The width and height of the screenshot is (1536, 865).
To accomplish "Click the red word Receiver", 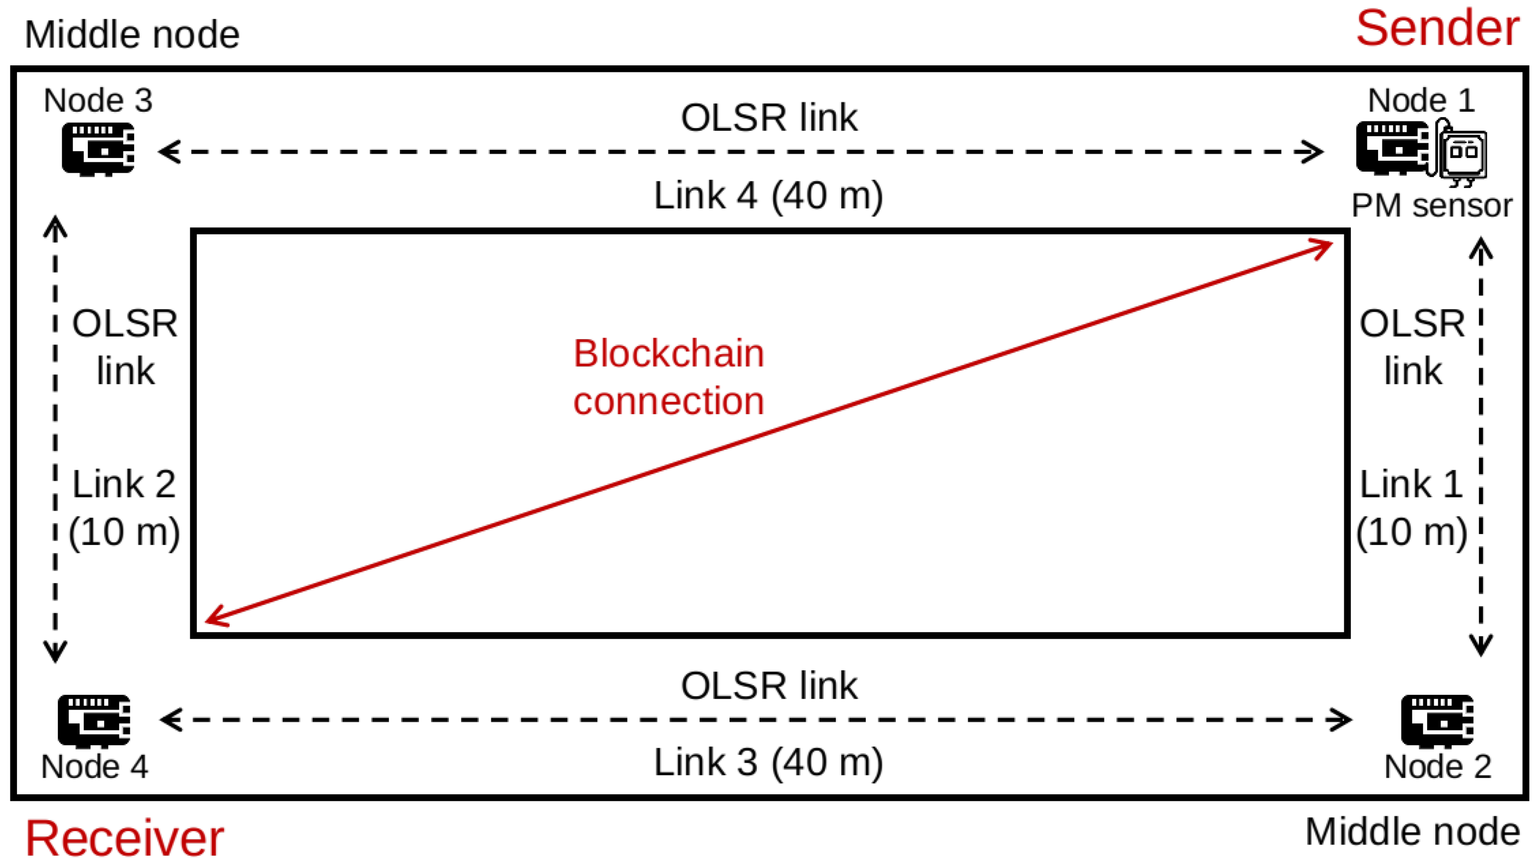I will tap(124, 838).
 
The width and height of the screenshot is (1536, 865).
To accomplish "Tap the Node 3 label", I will tap(99, 100).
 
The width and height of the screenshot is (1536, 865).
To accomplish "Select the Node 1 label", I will tap(1421, 100).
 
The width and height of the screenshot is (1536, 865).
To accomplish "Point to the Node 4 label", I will tap(94, 766).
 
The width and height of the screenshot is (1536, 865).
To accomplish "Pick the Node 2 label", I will tap(1437, 766).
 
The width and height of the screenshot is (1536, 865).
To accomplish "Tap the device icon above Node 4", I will tap(94, 721).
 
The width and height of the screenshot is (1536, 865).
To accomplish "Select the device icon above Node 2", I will tap(1437, 721).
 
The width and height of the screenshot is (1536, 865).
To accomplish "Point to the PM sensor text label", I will tap(1431, 205).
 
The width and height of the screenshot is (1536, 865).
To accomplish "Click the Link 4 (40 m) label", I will tap(768, 195).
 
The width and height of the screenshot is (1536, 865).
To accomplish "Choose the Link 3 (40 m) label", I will tap(768, 762).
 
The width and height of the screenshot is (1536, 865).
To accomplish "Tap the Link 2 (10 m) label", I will tap(124, 507).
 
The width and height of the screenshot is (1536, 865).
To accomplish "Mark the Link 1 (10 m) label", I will tap(1411, 507).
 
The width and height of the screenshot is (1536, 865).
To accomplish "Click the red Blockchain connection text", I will tap(669, 377).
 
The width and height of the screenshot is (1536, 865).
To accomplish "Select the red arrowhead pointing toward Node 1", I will tap(1323, 246).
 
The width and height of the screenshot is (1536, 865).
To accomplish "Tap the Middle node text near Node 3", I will tap(132, 34).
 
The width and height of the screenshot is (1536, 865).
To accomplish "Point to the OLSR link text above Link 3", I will tap(769, 686).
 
